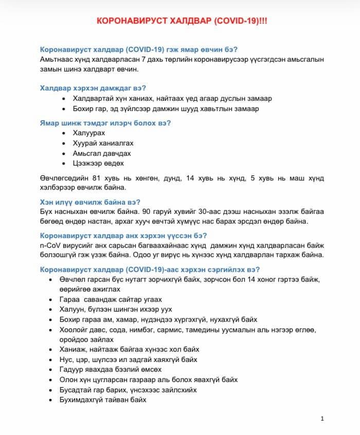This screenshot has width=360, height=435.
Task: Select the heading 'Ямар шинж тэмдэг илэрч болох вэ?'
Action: click(x=105, y=123)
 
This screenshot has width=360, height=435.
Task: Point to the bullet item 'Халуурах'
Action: click(x=89, y=133)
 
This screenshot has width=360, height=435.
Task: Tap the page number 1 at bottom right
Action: click(x=322, y=419)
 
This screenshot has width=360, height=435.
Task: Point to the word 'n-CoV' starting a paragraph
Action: click(x=49, y=245)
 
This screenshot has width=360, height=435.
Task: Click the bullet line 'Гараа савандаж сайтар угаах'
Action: click(x=111, y=299)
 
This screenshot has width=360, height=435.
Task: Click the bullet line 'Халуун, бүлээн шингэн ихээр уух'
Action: click(x=116, y=310)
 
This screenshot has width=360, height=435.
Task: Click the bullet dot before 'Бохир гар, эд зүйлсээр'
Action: click(x=63, y=108)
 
